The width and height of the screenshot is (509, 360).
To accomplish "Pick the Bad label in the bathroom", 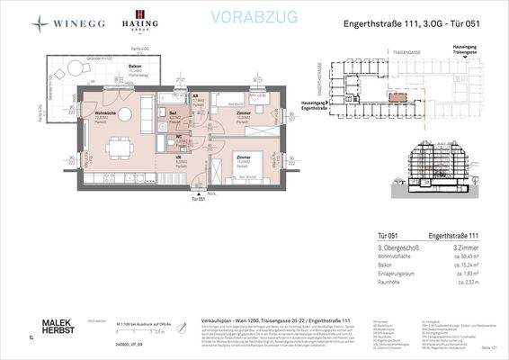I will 174,112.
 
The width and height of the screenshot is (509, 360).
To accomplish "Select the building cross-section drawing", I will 440,170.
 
